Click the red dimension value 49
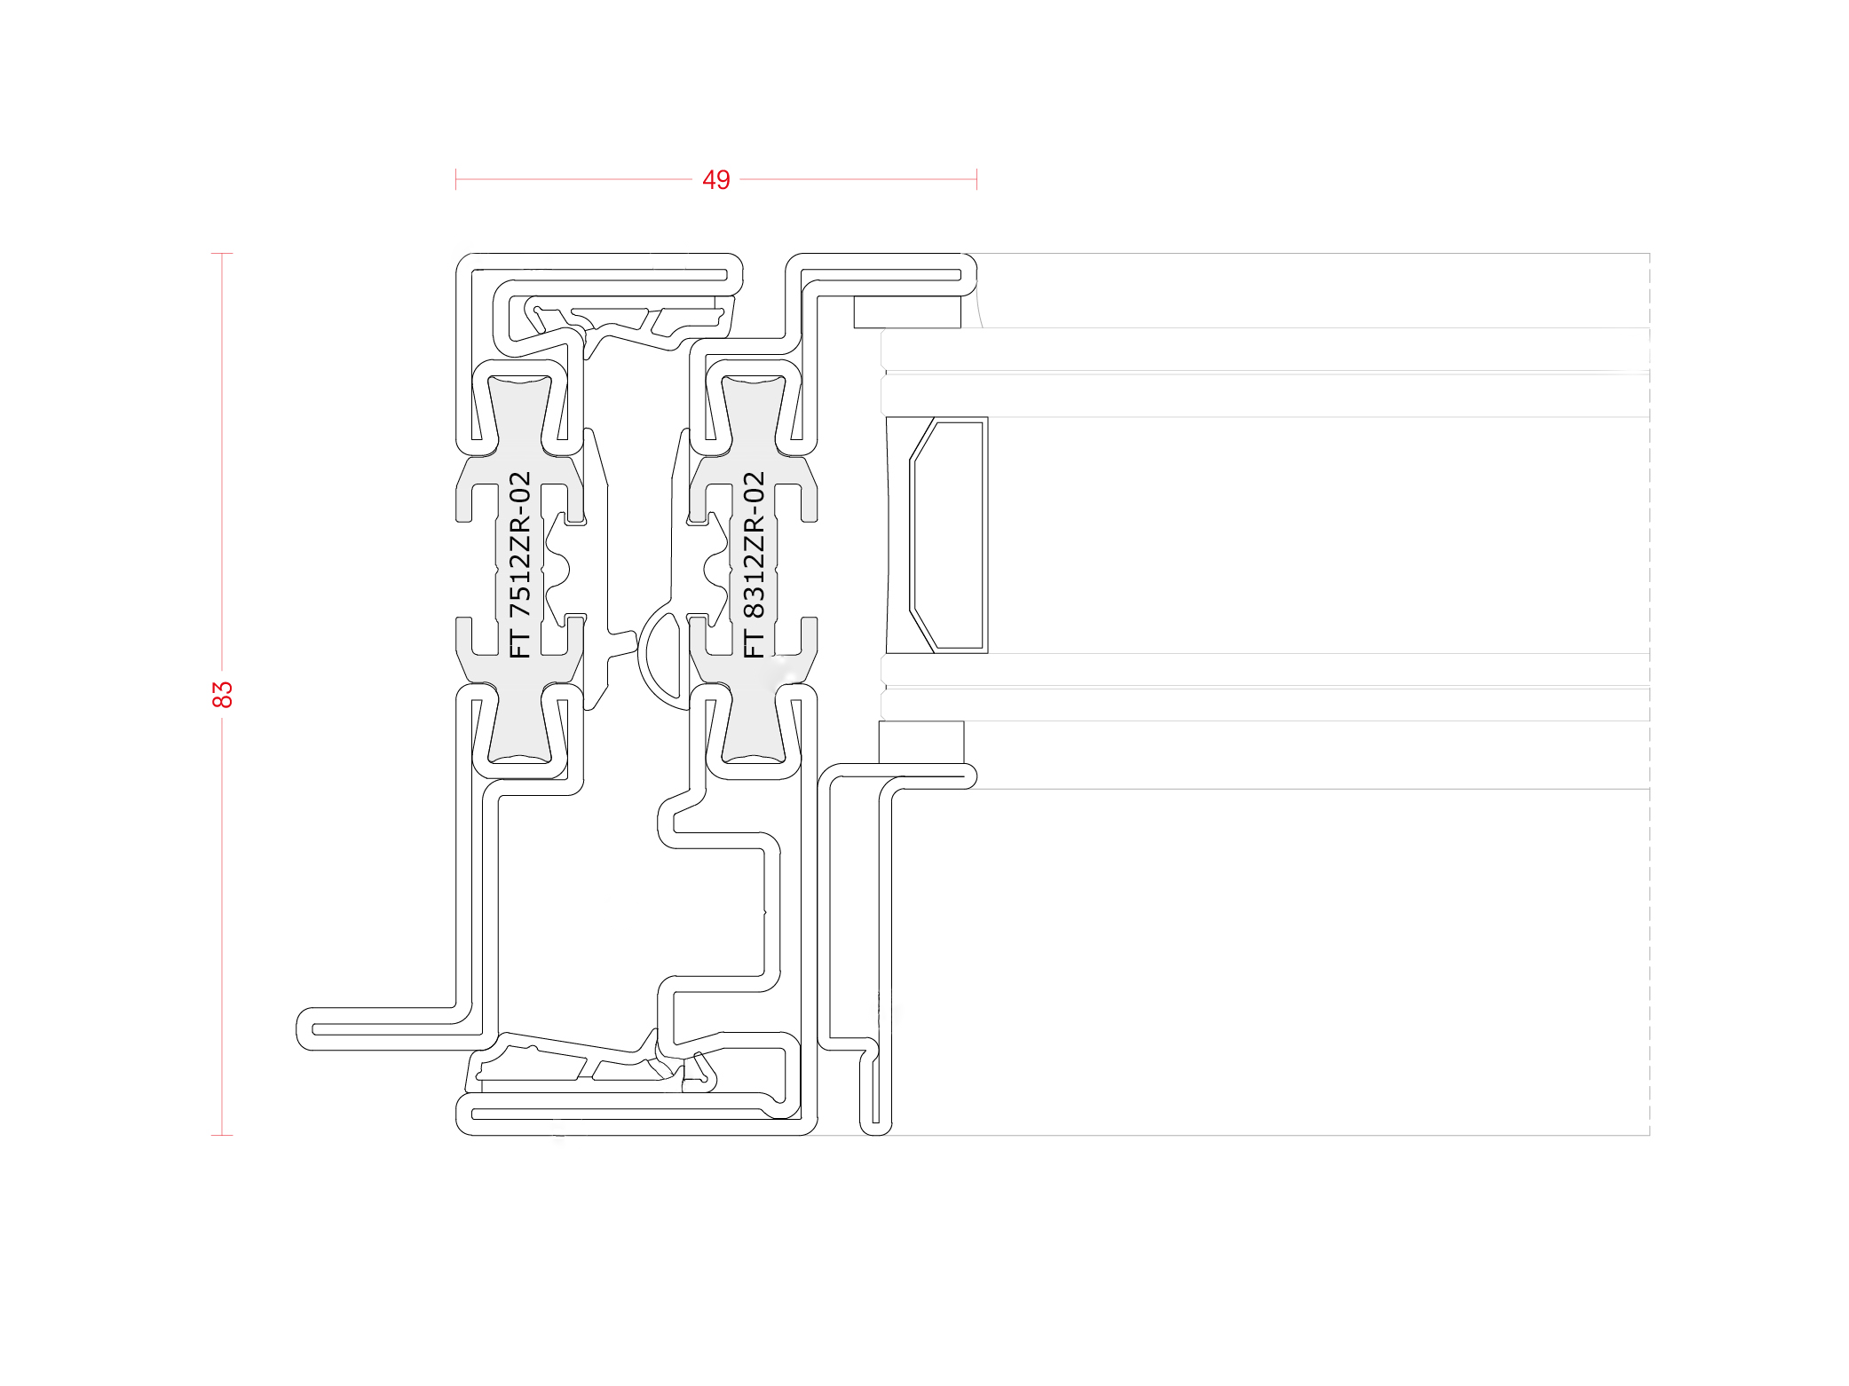click(715, 180)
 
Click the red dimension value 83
click(222, 694)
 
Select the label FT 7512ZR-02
click(519, 564)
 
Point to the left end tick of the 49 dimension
click(455, 179)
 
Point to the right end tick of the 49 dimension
click(976, 179)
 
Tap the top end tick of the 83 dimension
click(222, 254)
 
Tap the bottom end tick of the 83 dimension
click(222, 1135)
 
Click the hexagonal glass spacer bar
click(947, 535)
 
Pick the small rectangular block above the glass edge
click(907, 312)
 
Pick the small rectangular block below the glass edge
click(921, 742)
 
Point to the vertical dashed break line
click(1649, 694)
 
